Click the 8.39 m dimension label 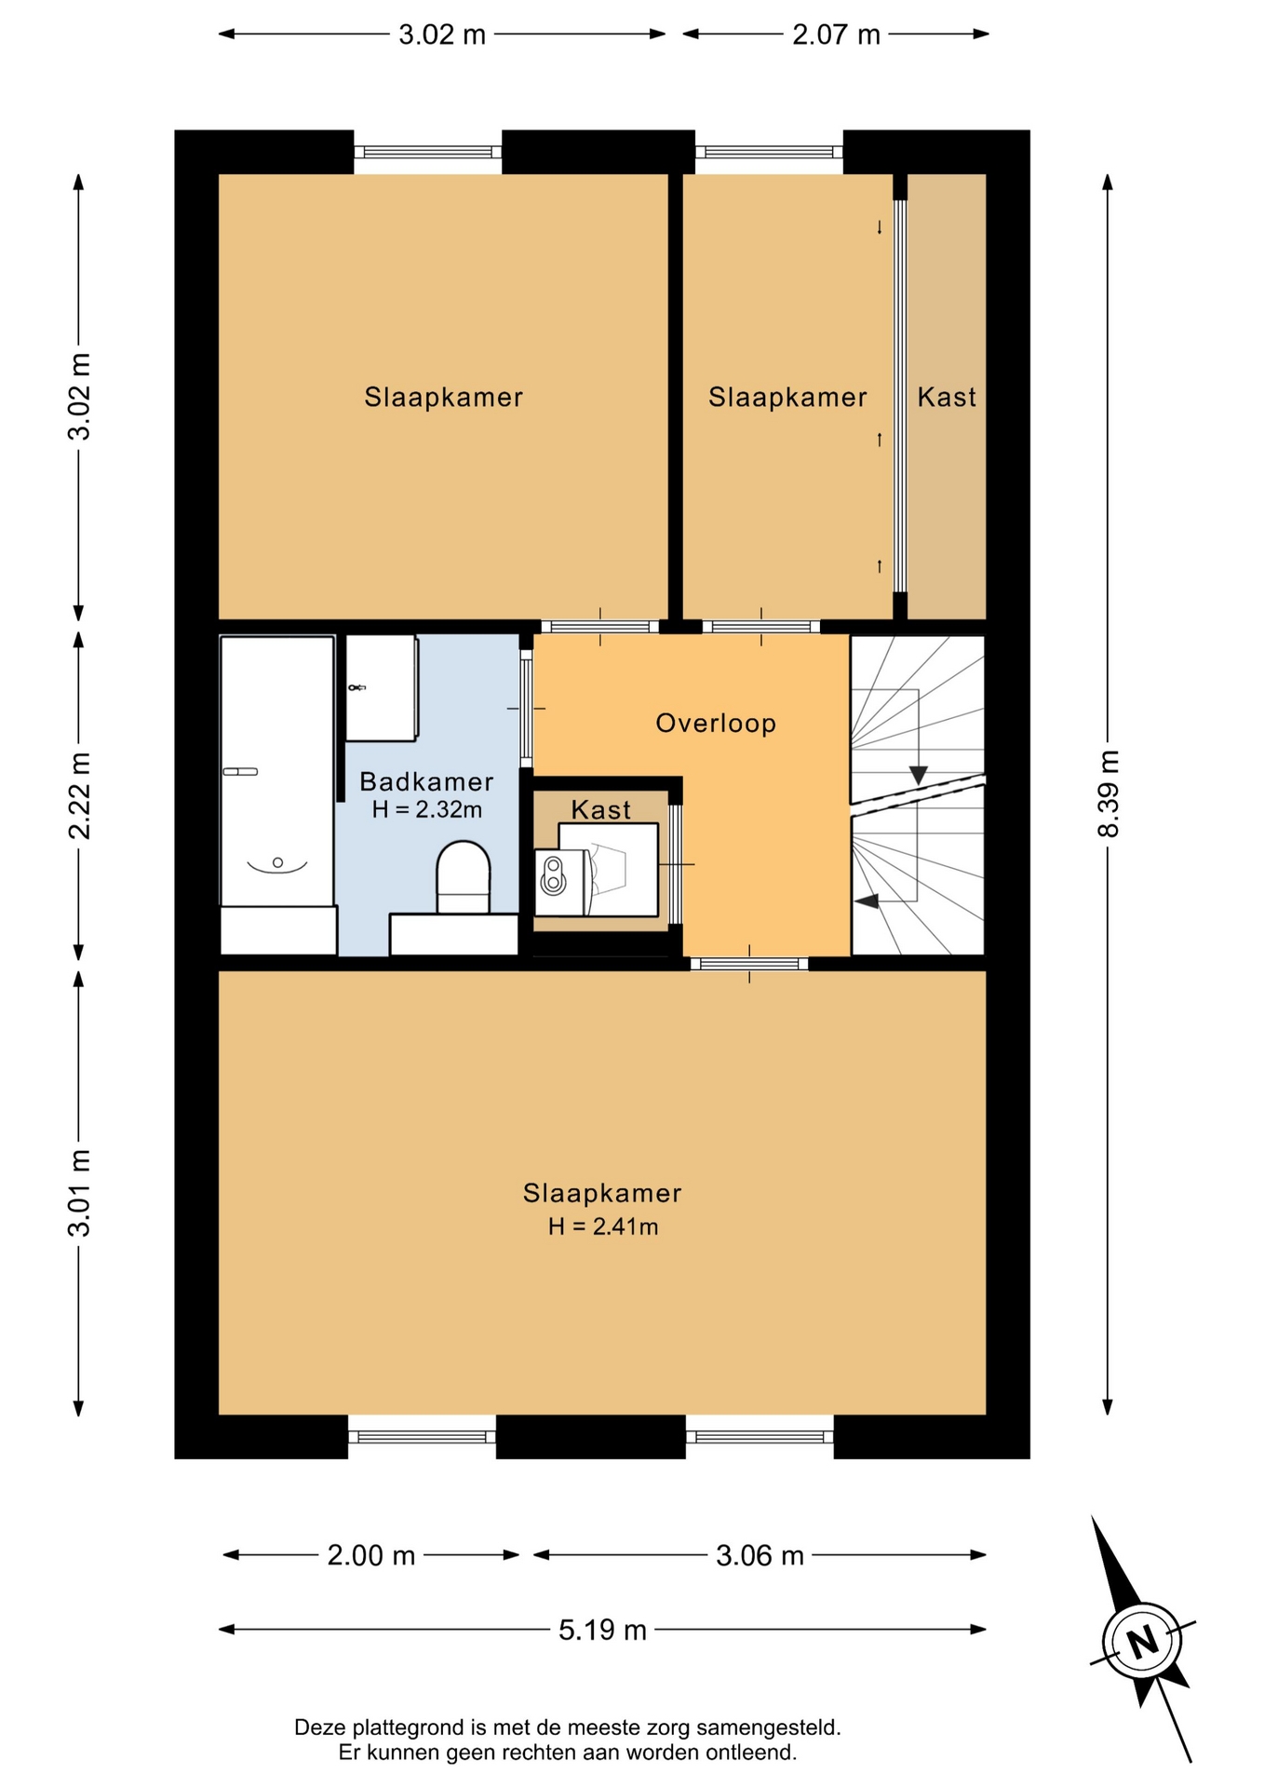(x=1108, y=793)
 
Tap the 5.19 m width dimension (x=602, y=1630)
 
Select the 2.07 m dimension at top (x=836, y=34)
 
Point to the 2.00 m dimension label (x=370, y=1555)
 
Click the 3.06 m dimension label (x=760, y=1555)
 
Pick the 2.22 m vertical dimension (x=80, y=795)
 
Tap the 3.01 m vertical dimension (x=80, y=1193)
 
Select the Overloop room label (x=716, y=724)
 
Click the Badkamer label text (x=426, y=781)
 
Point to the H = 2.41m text (x=603, y=1226)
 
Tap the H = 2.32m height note (x=427, y=809)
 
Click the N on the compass (x=1142, y=1641)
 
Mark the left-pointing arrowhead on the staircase (x=866, y=901)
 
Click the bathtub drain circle (x=277, y=862)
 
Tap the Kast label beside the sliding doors (x=947, y=398)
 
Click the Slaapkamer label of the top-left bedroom (x=443, y=398)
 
